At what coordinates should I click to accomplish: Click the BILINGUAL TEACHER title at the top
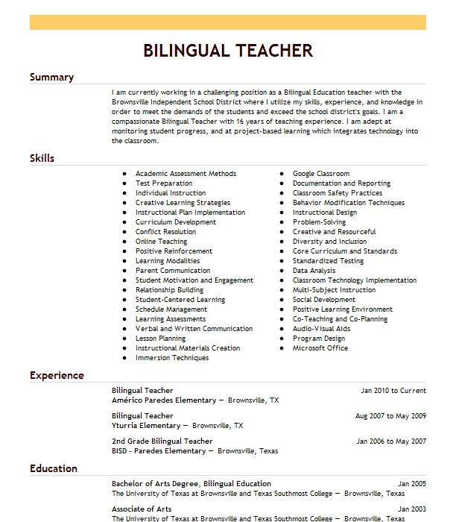tap(227, 51)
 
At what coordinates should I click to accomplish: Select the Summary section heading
tap(51, 78)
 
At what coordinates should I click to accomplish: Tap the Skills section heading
tap(42, 158)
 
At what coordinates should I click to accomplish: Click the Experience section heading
tap(57, 375)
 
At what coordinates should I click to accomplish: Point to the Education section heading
tap(54, 468)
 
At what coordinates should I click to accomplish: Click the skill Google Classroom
tap(320, 174)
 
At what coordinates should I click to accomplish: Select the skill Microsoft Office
tap(320, 348)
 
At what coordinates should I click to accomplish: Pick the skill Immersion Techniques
tap(172, 358)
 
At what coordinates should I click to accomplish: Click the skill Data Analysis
tap(314, 271)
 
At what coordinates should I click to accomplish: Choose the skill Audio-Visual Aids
tap(321, 329)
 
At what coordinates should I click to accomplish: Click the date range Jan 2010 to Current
tap(393, 390)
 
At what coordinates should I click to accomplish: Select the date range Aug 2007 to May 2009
tap(390, 415)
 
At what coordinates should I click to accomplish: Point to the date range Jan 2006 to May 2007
tap(391, 441)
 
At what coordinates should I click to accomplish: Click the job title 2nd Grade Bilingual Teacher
tap(162, 441)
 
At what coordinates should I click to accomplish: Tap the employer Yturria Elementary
tap(146, 426)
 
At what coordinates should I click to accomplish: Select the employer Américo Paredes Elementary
tap(163, 400)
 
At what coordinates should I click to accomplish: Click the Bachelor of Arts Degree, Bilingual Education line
tap(191, 484)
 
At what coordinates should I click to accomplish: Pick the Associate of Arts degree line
tap(142, 509)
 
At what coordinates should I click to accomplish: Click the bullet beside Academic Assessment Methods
tap(124, 174)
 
